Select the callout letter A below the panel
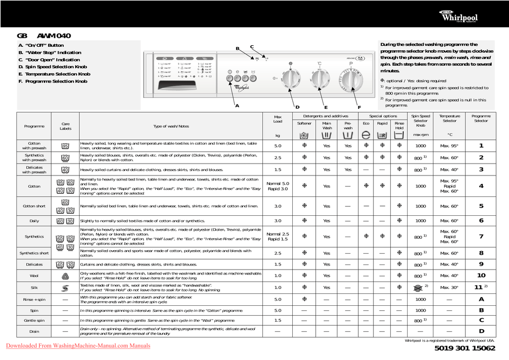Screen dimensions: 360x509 pyautogui.click(x=237, y=106)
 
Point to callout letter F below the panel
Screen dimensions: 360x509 pyautogui.click(x=359, y=107)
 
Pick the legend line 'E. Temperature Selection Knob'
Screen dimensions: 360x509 pyautogui.click(x=54, y=74)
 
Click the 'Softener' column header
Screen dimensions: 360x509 pyautogui.click(x=304, y=123)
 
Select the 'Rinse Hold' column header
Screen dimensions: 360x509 pyautogui.click(x=399, y=125)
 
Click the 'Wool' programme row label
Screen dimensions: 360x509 pyautogui.click(x=34, y=275)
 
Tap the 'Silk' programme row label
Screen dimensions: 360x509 pyautogui.click(x=34, y=287)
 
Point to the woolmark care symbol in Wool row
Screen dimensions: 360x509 pyautogui.click(x=65, y=275)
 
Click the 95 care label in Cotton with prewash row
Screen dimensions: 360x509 pyautogui.click(x=65, y=146)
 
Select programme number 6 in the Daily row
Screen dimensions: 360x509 pyautogui.click(x=481, y=220)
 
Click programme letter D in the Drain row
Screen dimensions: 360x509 pyautogui.click(x=481, y=331)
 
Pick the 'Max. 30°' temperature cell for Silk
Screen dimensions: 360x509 pyautogui.click(x=449, y=287)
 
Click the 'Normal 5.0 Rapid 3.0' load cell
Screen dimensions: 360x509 pyautogui.click(x=277, y=186)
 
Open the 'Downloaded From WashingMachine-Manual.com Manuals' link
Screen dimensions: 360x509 pyautogui.click(x=78, y=346)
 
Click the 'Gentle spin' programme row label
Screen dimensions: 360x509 pyautogui.click(x=34, y=321)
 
